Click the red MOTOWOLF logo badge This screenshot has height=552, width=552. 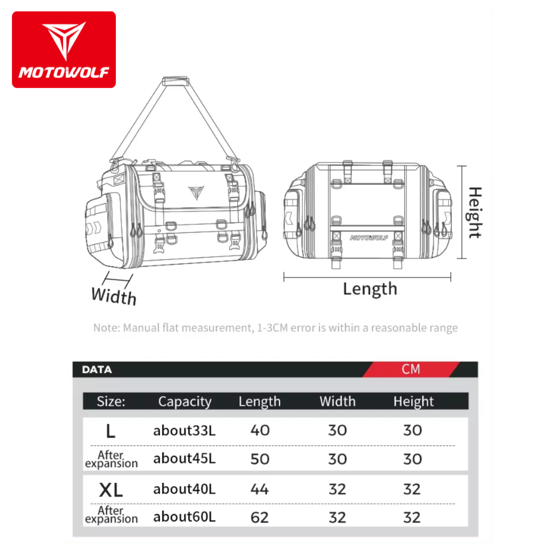[x=64, y=50]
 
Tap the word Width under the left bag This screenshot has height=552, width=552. [x=114, y=296]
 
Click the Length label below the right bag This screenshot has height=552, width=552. [x=370, y=289]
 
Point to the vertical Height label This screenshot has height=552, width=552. [x=475, y=212]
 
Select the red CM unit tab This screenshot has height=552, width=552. [x=411, y=369]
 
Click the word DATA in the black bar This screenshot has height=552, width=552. [x=97, y=370]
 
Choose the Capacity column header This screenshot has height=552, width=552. [x=185, y=401]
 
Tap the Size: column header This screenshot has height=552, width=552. [x=111, y=401]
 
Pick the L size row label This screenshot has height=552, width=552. [x=111, y=431]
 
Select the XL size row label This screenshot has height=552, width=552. [x=111, y=489]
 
